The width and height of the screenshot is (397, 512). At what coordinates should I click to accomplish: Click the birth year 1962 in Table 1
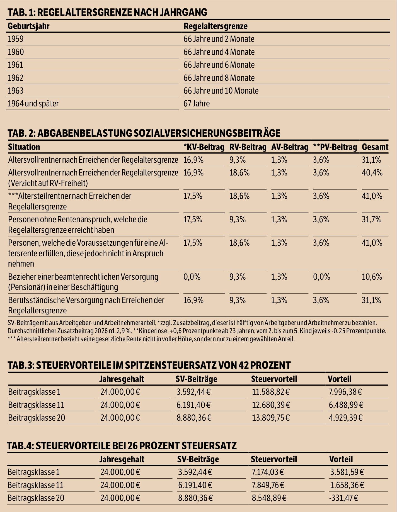(x=16, y=78)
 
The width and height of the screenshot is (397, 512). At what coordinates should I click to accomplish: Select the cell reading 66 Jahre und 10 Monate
(x=221, y=91)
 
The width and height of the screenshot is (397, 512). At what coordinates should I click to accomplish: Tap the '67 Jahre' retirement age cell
(x=197, y=104)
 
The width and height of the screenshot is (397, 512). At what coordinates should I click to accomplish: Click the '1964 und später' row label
(x=33, y=104)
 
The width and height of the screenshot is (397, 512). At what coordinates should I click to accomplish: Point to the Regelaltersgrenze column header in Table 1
(x=216, y=26)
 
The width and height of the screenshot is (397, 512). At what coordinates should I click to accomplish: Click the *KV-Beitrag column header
(x=204, y=147)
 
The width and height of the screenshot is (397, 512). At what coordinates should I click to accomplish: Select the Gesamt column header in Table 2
(x=375, y=147)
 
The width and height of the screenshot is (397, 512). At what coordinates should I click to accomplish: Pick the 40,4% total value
(x=372, y=173)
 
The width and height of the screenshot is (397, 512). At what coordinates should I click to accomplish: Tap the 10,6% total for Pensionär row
(x=372, y=277)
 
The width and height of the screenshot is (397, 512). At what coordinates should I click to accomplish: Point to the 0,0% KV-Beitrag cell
(x=192, y=277)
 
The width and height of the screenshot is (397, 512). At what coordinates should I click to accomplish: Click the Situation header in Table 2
(x=24, y=147)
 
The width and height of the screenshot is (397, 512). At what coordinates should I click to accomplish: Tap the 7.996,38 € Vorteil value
(x=345, y=392)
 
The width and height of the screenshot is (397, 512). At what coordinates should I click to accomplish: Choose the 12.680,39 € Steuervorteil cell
(x=271, y=405)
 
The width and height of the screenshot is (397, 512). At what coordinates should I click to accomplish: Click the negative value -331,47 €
(x=343, y=498)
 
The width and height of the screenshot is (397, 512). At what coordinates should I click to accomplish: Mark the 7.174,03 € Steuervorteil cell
(x=268, y=472)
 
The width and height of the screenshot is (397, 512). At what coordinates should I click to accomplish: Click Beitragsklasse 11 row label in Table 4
(x=35, y=485)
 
